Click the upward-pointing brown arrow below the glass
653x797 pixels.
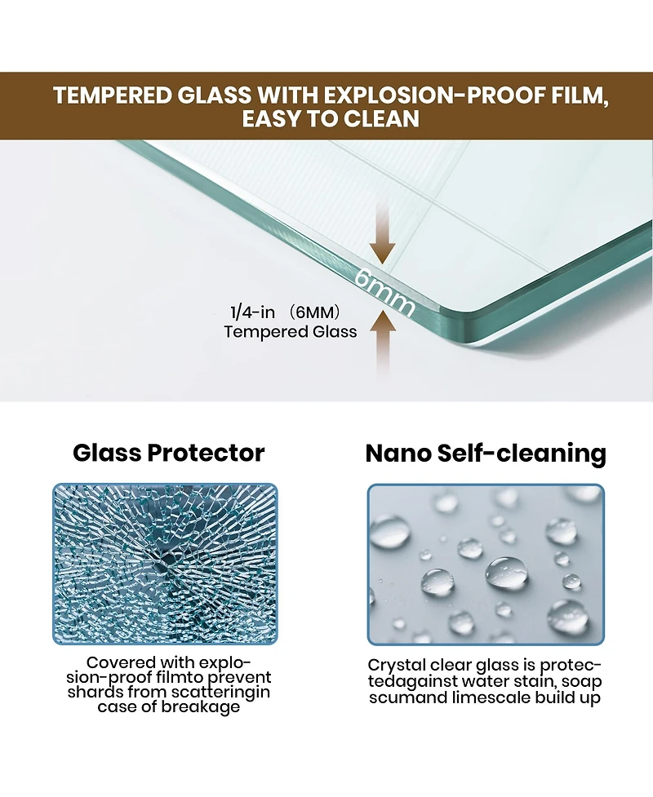tap(383, 343)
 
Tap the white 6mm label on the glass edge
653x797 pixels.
tap(385, 292)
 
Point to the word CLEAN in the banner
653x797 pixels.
tap(381, 118)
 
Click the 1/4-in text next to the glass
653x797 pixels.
tap(253, 312)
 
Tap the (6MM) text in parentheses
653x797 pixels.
tap(313, 312)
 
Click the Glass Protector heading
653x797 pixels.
tap(169, 453)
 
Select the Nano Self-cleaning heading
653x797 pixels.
tap(486, 453)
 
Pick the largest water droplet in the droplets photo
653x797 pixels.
tap(506, 573)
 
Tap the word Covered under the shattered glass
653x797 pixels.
tap(122, 662)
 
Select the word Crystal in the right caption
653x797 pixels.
tap(398, 666)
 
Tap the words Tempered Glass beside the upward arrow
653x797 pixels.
tap(291, 332)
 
